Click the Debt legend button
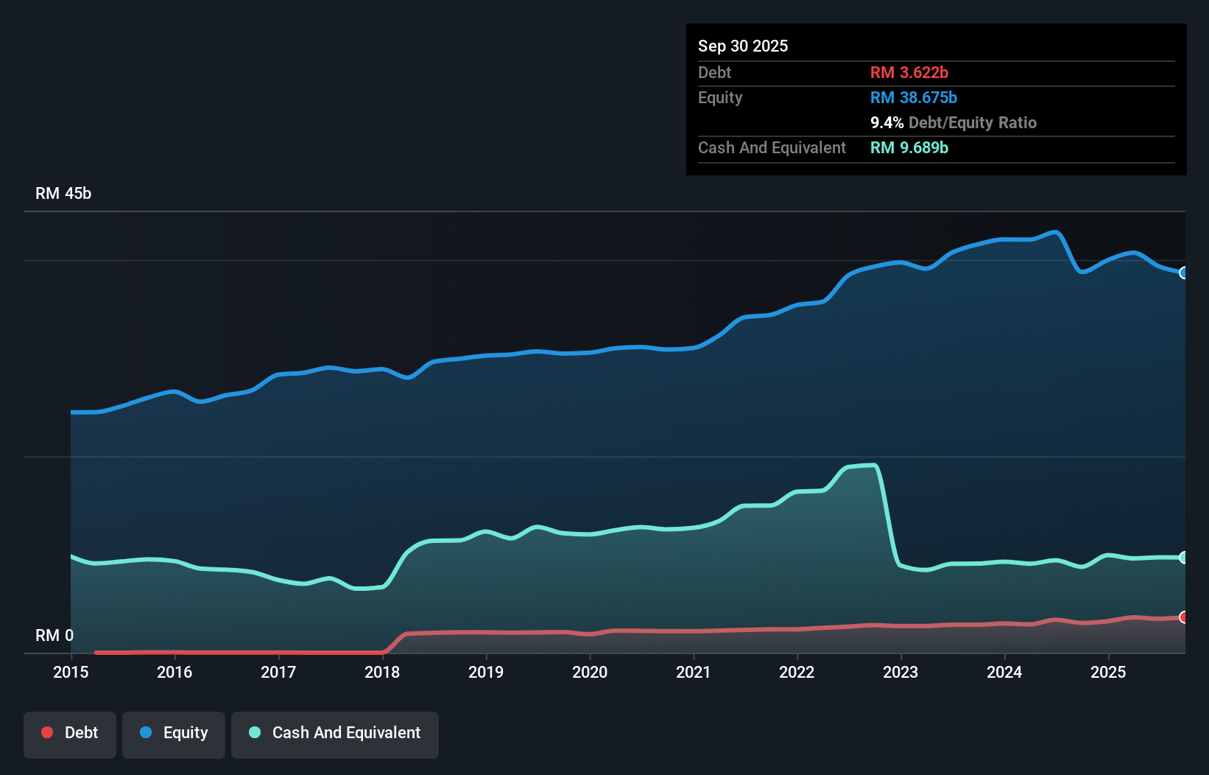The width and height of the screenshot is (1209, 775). coord(70,734)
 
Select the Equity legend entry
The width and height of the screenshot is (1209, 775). coord(174,734)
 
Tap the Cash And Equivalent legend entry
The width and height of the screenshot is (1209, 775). coord(335,734)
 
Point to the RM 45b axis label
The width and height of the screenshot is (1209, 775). coord(63,194)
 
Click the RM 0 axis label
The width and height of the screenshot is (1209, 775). coord(54,636)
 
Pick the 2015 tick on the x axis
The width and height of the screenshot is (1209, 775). coord(71,672)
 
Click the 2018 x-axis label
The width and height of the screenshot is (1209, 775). coord(382,672)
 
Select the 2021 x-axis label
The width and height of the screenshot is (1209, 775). coord(694,672)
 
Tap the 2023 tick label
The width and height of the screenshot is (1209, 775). coord(900,672)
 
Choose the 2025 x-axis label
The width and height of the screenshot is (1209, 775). coord(1108,672)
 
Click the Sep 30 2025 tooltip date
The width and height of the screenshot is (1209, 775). coord(743,46)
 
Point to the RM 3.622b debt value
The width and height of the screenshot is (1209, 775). coord(909,72)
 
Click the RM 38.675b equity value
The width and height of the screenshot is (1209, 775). coord(914,97)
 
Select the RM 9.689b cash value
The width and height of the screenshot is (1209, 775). coord(909,147)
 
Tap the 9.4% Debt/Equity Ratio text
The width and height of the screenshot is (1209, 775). coord(954,122)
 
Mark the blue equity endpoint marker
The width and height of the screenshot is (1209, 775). coord(1183,273)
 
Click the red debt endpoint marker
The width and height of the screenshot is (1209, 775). coord(1183,617)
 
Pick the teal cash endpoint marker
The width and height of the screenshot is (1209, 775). coord(1183,558)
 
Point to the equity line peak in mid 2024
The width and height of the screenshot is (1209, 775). coord(1057,233)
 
